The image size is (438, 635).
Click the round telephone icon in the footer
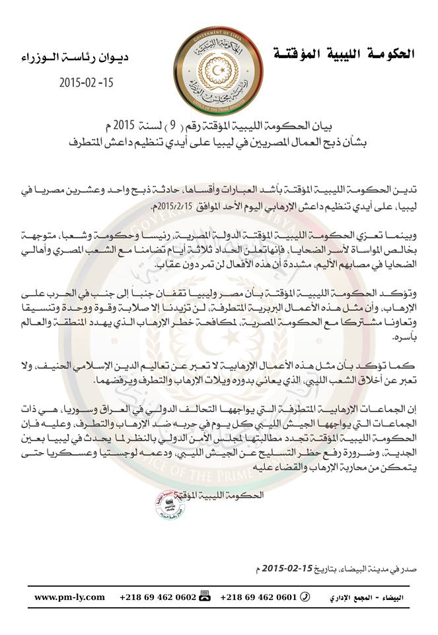point(304,597)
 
